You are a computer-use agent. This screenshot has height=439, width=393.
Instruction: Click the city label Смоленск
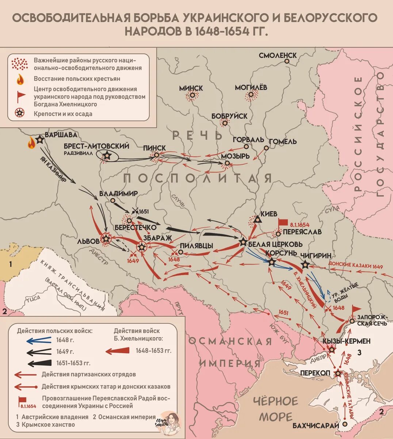(278, 56)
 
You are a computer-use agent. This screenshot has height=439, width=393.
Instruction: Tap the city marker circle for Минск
(191, 96)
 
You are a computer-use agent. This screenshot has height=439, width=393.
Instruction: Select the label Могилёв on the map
(251, 87)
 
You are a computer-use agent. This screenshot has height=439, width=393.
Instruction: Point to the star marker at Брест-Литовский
(107, 156)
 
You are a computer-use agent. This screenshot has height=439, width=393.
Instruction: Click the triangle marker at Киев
(257, 220)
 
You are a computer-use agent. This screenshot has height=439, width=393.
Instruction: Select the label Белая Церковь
(275, 244)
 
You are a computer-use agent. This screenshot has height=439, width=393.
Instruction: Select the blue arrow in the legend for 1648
(39, 340)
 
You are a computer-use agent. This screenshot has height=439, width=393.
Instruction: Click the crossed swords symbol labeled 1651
(135, 211)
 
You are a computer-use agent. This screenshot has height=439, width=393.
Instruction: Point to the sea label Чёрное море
(276, 409)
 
